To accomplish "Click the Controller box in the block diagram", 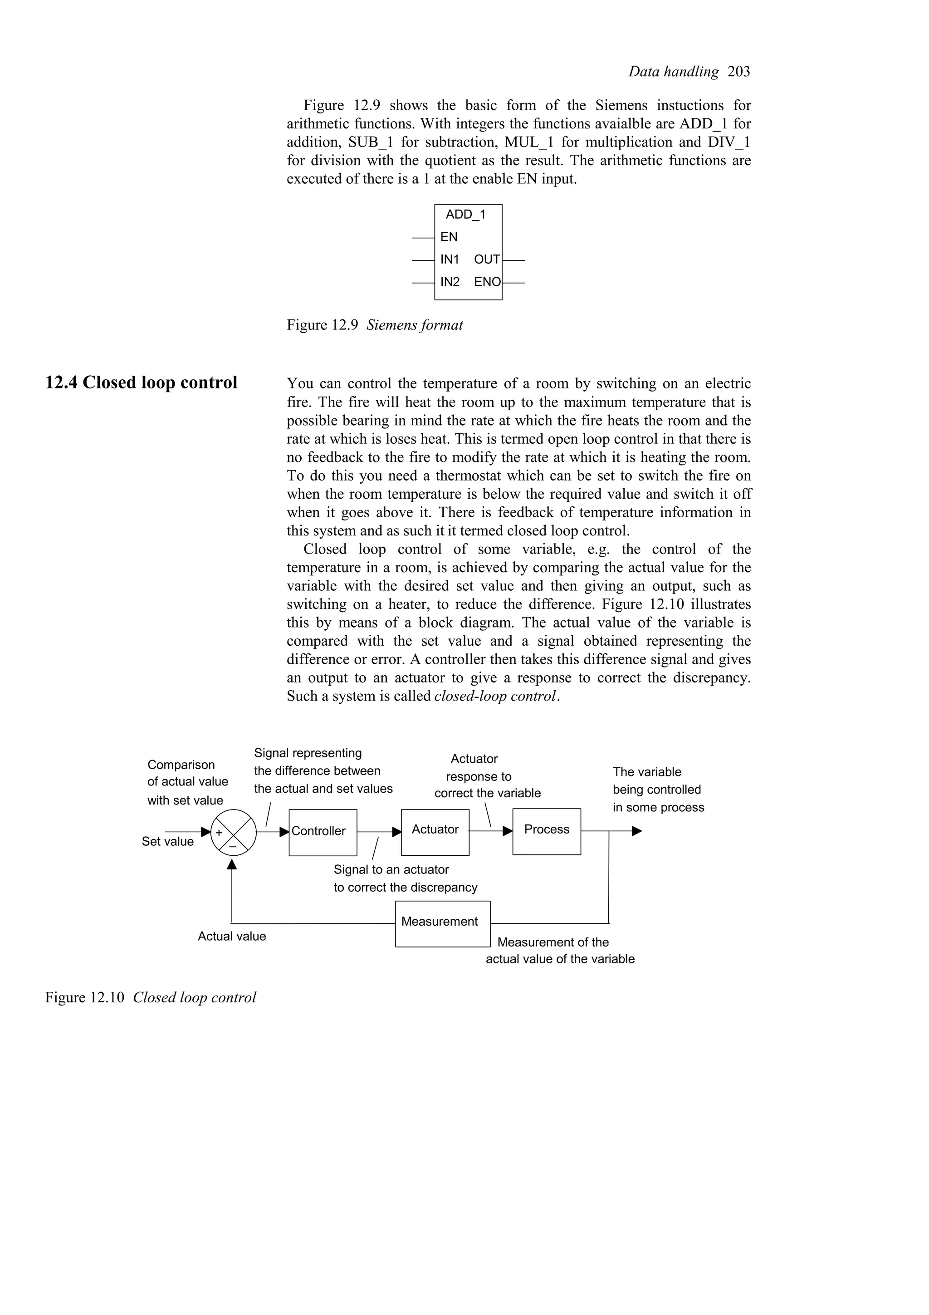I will click(x=322, y=832).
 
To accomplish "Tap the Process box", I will click(x=546, y=831).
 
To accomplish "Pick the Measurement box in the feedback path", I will click(x=442, y=923).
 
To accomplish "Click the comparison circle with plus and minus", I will click(x=234, y=832).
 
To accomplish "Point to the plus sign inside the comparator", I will click(x=219, y=833).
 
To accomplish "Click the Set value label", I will click(x=168, y=841).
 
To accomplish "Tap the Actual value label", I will click(x=232, y=937).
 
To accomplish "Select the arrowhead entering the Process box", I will click(x=507, y=831).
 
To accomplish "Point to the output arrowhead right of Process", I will click(x=636, y=831).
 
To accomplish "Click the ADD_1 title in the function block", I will click(x=465, y=215).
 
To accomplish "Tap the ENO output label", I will click(x=487, y=282).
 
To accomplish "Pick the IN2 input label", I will click(x=450, y=282).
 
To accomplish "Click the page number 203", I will click(x=738, y=72).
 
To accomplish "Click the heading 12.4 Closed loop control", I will click(x=142, y=383).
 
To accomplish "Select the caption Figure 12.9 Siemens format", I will click(x=375, y=325).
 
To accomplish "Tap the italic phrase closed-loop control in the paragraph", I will click(x=495, y=697).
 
